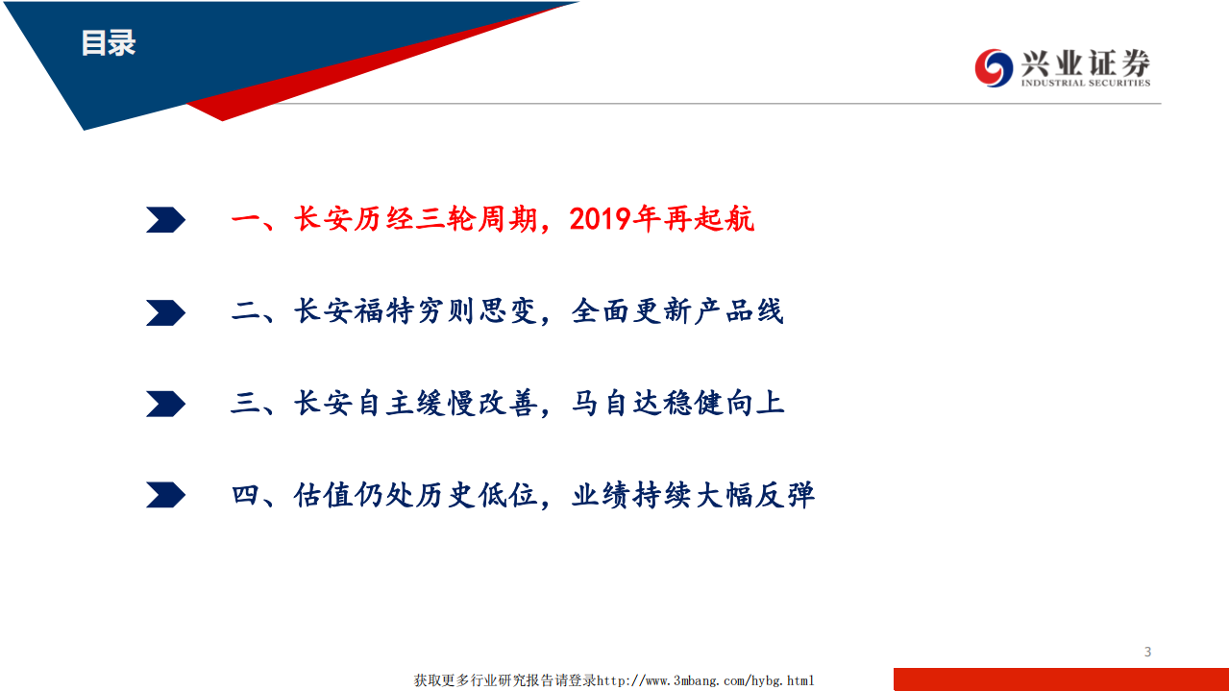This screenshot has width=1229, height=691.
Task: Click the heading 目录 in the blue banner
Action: click(x=108, y=43)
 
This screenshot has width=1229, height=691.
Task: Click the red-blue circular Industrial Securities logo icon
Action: click(x=994, y=67)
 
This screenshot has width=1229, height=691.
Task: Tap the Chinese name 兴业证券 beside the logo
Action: click(x=1085, y=63)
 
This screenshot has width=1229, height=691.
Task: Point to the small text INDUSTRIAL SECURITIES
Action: click(x=1085, y=84)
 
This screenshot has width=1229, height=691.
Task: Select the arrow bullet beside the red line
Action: click(x=165, y=220)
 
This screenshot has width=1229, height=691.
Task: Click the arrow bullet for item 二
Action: click(x=165, y=312)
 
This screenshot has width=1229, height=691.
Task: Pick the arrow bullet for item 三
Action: click(x=165, y=404)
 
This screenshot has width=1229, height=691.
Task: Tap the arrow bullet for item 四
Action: click(x=165, y=495)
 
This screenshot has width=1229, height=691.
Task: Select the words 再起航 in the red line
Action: click(x=709, y=220)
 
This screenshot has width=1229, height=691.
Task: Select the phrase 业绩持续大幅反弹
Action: click(x=693, y=495)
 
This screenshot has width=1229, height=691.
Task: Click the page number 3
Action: click(x=1147, y=652)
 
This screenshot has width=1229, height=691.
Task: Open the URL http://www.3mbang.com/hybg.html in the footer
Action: click(x=706, y=680)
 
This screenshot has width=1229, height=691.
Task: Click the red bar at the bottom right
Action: click(x=1061, y=679)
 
